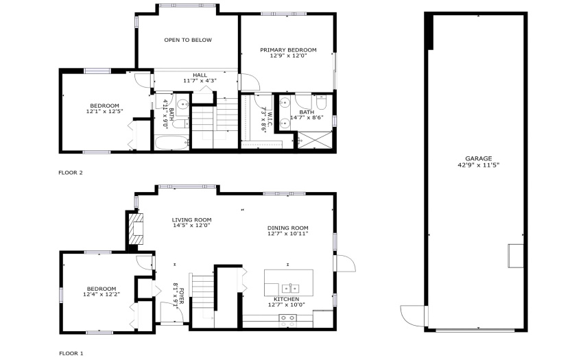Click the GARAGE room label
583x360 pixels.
[x=478, y=158]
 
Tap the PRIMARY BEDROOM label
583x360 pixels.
[x=288, y=50]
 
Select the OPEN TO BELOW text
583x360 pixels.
[x=188, y=40]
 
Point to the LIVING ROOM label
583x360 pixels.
[x=191, y=220]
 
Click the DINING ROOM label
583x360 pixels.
[x=288, y=228]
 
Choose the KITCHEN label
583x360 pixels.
[x=286, y=299]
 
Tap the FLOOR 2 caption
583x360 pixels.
[x=71, y=173]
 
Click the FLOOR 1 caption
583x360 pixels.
[x=71, y=353]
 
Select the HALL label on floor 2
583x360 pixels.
[x=200, y=75]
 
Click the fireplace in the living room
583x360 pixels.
[x=136, y=228]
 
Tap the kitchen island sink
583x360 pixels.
[x=290, y=288]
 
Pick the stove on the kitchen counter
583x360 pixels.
[x=288, y=321]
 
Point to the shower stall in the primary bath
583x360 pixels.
[x=315, y=140]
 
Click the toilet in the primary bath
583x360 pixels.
[x=320, y=102]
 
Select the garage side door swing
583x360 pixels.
[x=413, y=315]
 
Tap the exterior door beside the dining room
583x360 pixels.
[x=346, y=263]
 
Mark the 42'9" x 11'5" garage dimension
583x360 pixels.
[x=478, y=165]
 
